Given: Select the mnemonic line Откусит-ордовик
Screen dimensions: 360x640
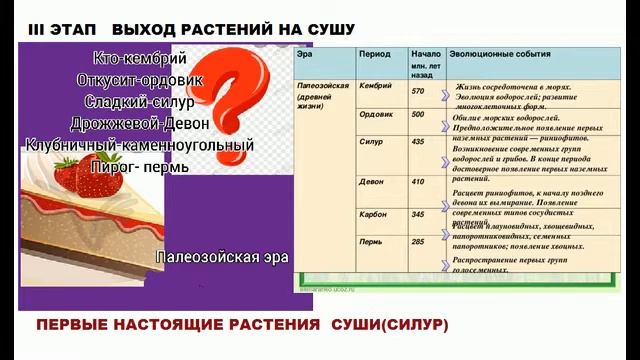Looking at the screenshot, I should click(x=139, y=79).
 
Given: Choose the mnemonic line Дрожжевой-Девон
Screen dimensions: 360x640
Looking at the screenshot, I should click(x=140, y=123).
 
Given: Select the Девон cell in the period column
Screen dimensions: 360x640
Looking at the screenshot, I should click(x=371, y=182).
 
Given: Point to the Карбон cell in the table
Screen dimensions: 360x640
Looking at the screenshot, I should click(x=373, y=214).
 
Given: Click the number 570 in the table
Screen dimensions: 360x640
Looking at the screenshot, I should click(x=418, y=91).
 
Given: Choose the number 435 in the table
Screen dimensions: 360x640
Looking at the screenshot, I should click(x=418, y=143).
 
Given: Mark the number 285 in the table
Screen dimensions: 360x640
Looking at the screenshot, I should click(x=418, y=242).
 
